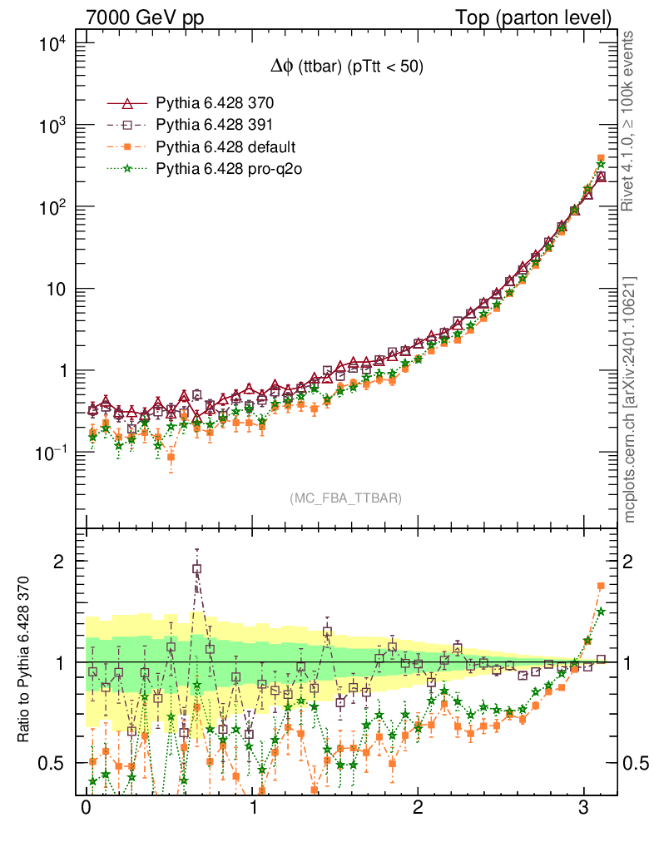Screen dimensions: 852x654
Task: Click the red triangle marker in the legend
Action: tap(127, 104)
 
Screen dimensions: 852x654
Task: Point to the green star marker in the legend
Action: tap(127, 169)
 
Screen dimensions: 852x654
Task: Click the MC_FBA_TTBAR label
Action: tap(345, 498)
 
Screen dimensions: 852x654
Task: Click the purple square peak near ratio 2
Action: tap(197, 569)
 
